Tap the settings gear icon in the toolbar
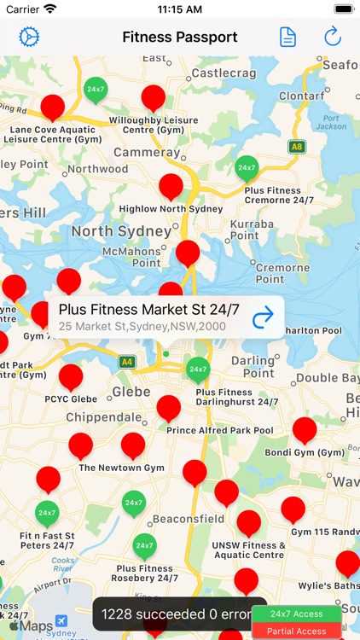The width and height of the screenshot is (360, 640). click(30, 37)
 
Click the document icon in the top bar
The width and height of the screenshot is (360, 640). click(288, 37)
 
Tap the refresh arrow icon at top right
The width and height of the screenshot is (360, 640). click(332, 37)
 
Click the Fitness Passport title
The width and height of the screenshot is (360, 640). click(180, 37)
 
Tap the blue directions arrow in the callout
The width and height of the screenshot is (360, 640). click(264, 317)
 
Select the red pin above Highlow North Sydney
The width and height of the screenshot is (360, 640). click(171, 186)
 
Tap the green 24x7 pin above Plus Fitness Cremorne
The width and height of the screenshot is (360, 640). click(247, 167)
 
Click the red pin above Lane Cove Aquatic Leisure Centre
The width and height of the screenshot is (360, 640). click(53, 107)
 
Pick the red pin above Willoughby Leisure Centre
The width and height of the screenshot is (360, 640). click(154, 97)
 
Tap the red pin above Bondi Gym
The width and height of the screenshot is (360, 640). click(305, 429)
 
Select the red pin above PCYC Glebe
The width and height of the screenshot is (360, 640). click(71, 375)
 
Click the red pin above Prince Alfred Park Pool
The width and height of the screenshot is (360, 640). click(169, 407)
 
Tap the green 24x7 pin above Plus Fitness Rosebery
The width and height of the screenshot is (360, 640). click(145, 545)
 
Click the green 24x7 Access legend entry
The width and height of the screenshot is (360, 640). click(296, 614)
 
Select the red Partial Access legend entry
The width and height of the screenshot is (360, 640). click(296, 631)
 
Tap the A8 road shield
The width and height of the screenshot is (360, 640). click(296, 146)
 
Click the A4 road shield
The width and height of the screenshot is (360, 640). click(127, 362)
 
